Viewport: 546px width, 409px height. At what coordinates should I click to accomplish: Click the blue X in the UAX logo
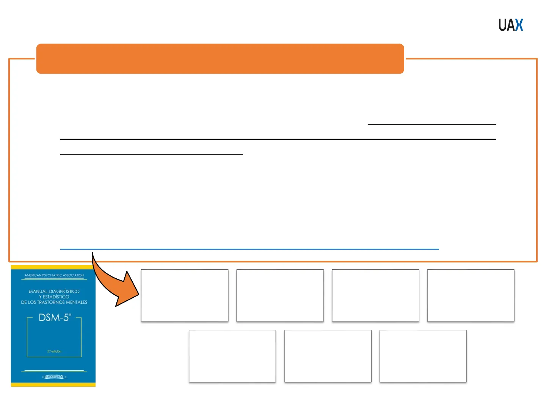(x=519, y=25)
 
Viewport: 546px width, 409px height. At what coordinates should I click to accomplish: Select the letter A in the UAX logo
(x=511, y=25)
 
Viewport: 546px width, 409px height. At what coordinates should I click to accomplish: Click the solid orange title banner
(x=220, y=59)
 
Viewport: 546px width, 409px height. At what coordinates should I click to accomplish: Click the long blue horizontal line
(x=249, y=249)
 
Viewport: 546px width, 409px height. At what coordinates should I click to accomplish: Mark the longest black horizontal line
(x=278, y=139)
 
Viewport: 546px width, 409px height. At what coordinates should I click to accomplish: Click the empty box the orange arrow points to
(x=185, y=295)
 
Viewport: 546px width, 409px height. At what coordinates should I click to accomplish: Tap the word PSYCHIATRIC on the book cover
(x=53, y=275)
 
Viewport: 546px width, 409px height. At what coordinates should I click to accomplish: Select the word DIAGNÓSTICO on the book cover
(x=64, y=292)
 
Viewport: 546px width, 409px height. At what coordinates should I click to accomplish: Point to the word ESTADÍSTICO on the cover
(x=56, y=297)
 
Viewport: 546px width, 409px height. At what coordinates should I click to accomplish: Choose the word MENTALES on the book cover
(x=77, y=302)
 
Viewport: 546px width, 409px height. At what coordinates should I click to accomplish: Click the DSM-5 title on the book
(x=55, y=317)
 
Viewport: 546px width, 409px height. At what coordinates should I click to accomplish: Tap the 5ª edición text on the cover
(x=54, y=351)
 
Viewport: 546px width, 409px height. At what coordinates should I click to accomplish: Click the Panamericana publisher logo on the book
(x=54, y=377)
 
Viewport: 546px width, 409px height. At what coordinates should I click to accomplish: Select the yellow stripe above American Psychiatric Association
(x=53, y=267)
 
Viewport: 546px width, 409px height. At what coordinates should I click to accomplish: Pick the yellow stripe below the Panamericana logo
(x=53, y=384)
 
